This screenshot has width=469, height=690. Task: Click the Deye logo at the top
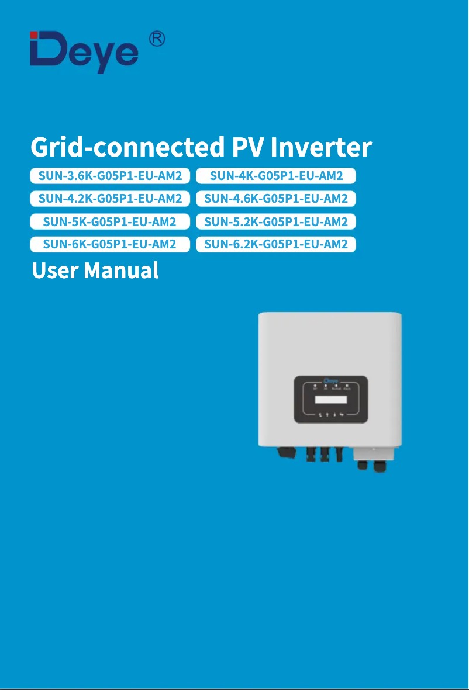click(84, 52)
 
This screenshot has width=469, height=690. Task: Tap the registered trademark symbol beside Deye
click(156, 39)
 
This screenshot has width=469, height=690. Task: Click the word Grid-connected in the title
click(127, 147)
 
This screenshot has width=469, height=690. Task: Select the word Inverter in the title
click(320, 147)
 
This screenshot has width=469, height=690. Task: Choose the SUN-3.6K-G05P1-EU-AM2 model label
click(110, 175)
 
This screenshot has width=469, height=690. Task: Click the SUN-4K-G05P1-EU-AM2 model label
click(276, 175)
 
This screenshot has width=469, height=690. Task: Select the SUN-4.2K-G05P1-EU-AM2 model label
click(110, 199)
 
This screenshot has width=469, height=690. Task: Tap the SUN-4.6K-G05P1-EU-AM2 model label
click(276, 199)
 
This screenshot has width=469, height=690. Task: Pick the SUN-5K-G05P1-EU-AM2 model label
click(110, 221)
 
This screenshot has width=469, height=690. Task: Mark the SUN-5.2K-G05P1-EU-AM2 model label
click(276, 221)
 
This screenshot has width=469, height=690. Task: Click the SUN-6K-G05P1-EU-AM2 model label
click(110, 244)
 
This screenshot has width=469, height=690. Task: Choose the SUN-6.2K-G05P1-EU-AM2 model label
click(276, 244)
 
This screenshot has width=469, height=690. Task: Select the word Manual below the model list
click(121, 271)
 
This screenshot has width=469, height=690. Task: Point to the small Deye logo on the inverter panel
click(330, 381)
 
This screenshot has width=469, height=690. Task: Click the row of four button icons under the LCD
click(330, 415)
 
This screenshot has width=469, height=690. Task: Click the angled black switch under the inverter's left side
click(285, 453)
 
